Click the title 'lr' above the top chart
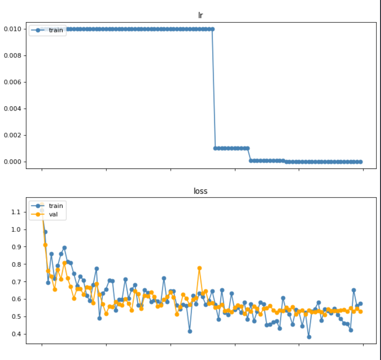[200, 15]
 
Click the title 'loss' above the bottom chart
[200, 191]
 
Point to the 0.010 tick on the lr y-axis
[13, 29]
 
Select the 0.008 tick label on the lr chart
[13, 56]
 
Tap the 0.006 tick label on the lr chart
[13, 82]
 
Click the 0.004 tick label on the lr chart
[13, 109]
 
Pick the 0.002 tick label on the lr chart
[13, 135]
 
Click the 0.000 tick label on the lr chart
[13, 162]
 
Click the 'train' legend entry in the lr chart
[56, 30]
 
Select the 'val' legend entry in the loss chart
[53, 215]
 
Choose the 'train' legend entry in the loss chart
[56, 206]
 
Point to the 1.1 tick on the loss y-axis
[16, 212]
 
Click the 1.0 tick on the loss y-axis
[16, 229]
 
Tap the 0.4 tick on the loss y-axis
[16, 334]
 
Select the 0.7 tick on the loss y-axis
[16, 282]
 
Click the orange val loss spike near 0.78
[199, 268]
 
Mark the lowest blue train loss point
[309, 337]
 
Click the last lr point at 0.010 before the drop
[212, 29]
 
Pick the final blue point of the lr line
[360, 162]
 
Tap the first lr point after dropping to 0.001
[215, 148]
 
